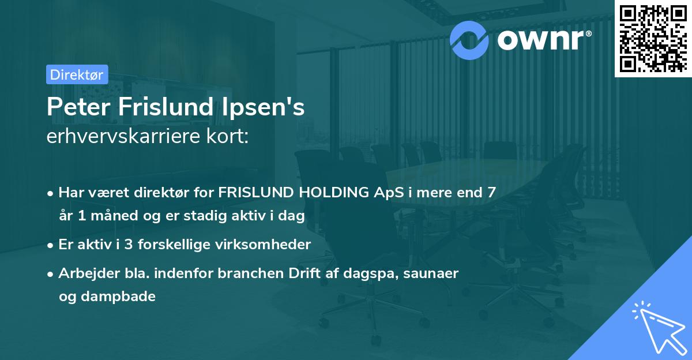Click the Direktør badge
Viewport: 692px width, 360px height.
point(76,74)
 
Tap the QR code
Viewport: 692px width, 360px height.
point(653,38)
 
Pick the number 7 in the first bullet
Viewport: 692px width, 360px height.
point(491,193)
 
